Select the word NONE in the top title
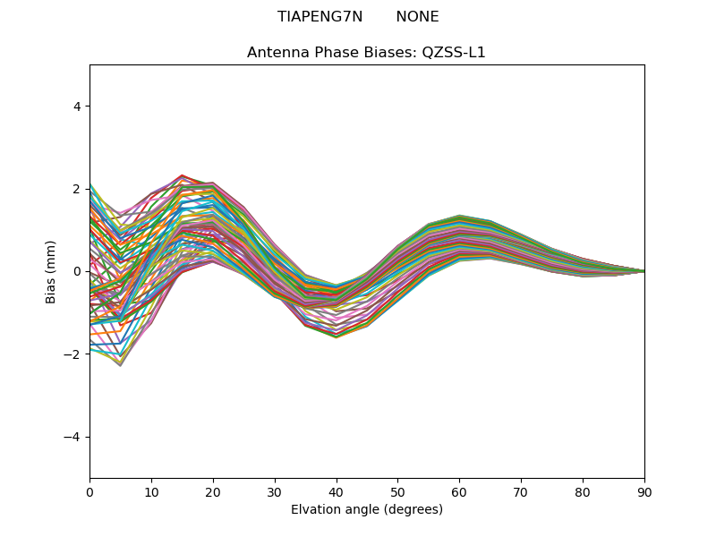pos(417,17)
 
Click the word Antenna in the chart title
pos(276,53)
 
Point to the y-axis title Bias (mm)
pos(51,271)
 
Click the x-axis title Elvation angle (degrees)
pos(367,509)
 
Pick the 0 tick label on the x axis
pos(89,490)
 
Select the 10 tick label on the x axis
pos(151,490)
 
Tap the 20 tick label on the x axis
pos(213,490)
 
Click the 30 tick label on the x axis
pos(275,490)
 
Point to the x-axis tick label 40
pos(337,490)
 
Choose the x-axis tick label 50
pos(397,490)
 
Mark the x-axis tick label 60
pos(459,490)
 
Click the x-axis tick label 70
pos(521,490)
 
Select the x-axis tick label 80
pos(583,490)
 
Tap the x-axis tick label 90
pos(644,490)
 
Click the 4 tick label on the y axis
pos(77,107)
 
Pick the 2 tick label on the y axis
pos(77,189)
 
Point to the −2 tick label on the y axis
pos(73,354)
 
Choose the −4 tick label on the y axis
pos(73,437)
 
